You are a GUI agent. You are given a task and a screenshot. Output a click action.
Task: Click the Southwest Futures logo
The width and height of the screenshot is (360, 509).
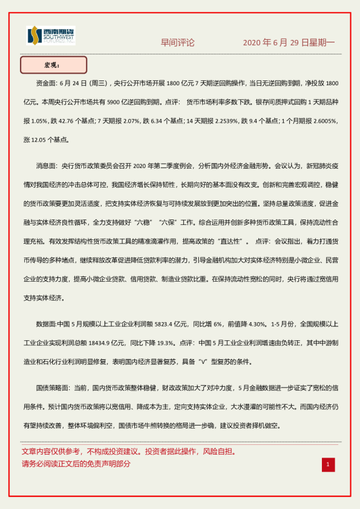(51, 36)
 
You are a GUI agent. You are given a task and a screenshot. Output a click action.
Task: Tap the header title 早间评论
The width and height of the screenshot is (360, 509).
(177, 42)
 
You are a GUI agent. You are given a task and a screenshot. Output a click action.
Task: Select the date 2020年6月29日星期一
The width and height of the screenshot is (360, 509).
(288, 43)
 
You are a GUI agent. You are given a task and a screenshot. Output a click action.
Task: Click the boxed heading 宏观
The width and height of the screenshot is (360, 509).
(53, 65)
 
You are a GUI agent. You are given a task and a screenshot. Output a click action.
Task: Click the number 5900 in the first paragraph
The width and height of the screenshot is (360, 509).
(114, 96)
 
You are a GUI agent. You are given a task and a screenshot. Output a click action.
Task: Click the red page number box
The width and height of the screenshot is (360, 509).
(328, 464)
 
